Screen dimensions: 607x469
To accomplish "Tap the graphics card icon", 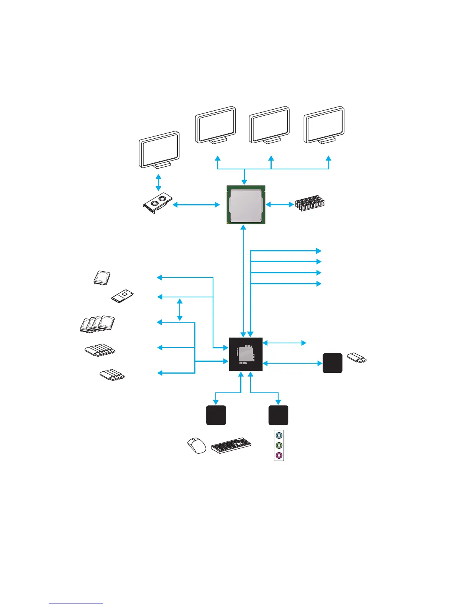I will tap(157, 203).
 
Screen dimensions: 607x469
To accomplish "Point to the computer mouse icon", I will tap(197, 446).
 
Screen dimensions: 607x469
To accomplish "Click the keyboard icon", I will tap(231, 446).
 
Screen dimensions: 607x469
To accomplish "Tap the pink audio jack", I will tap(279, 456).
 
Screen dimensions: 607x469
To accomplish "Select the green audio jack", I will tap(279, 446).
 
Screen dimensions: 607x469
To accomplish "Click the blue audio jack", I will tap(279, 436).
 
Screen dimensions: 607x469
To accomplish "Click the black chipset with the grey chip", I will tap(246, 354).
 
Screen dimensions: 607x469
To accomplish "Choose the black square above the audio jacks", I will tap(278, 415).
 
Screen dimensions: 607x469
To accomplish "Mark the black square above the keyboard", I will tap(216, 415).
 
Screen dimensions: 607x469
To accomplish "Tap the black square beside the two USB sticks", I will tap(332, 363).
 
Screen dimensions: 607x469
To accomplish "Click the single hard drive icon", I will tap(102, 277).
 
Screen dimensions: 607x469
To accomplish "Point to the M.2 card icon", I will tap(123, 296).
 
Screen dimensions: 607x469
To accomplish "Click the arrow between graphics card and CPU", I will tap(196, 205).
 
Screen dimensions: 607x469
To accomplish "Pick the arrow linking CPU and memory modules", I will tap(279, 205).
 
